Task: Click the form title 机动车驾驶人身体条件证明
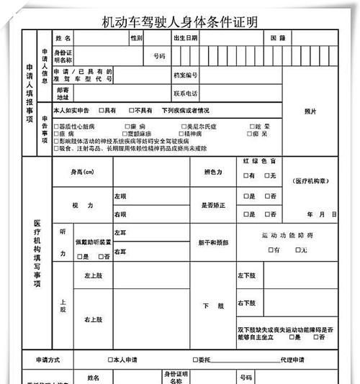pos(180,22)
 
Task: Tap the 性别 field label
pos(136,37)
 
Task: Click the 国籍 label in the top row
pos(277,37)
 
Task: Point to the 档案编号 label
pos(185,75)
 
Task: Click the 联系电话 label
pos(185,93)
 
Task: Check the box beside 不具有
pos(131,111)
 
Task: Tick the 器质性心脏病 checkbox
pos(60,126)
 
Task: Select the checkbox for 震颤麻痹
pos(125,134)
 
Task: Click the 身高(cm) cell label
pos(82,173)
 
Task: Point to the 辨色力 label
pos(213,173)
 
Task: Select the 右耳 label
pos(120,252)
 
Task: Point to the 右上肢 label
pos(93,319)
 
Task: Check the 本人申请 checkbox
pos(109,360)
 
